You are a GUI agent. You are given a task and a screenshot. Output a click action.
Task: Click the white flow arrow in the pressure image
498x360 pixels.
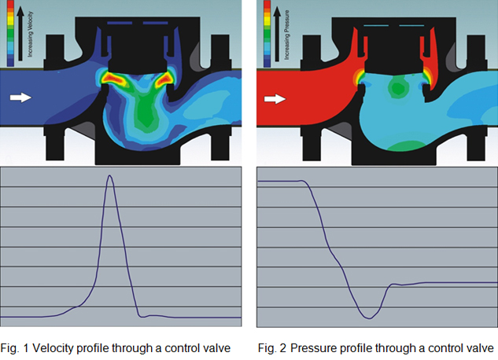click(275, 99)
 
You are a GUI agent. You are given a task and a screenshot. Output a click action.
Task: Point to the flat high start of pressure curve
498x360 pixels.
click(279, 181)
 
